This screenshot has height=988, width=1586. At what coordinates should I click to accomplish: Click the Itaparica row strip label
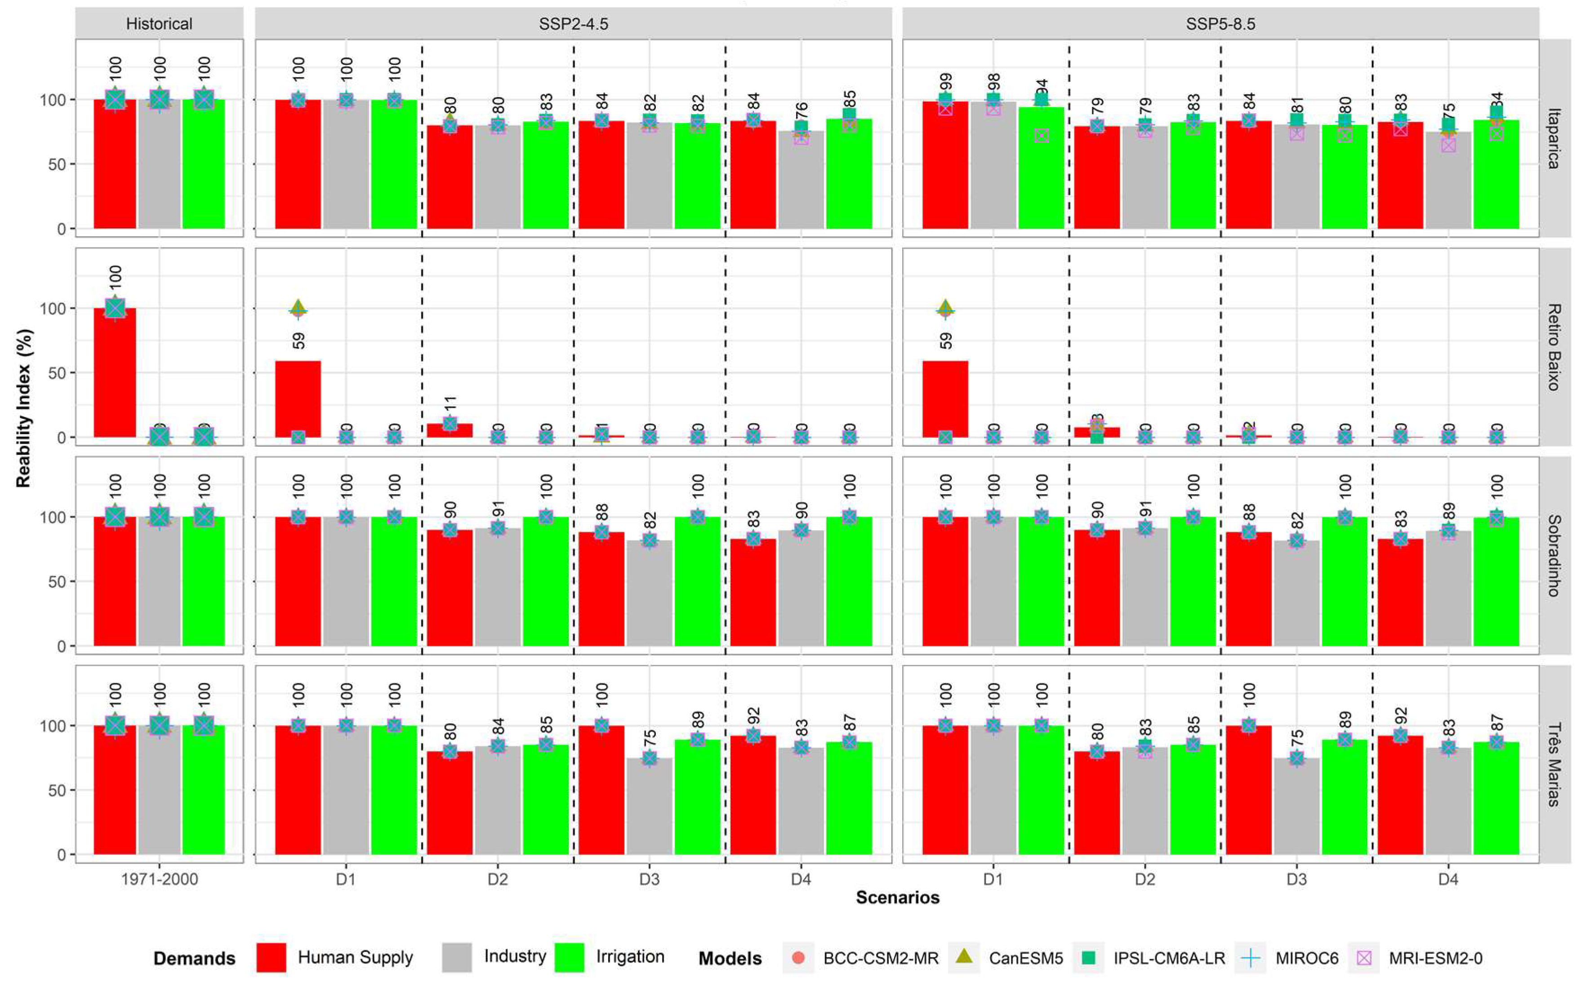[1554, 138]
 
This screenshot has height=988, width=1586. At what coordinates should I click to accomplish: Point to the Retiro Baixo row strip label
[1554, 347]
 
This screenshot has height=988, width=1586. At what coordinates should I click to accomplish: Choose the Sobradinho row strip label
[1554, 555]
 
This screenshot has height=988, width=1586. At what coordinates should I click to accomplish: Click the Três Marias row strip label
[1554, 764]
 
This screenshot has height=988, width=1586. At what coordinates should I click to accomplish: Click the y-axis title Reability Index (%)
[23, 408]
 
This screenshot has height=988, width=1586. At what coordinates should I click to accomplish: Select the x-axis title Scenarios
[897, 898]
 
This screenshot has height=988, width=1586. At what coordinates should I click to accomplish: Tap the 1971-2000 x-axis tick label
[159, 879]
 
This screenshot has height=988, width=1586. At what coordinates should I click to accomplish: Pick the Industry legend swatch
[456, 958]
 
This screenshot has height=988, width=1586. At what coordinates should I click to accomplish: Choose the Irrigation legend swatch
[569, 958]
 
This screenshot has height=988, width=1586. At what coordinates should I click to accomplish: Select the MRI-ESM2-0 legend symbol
[1363, 958]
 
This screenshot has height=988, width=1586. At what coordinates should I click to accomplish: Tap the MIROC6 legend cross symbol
[1251, 958]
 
